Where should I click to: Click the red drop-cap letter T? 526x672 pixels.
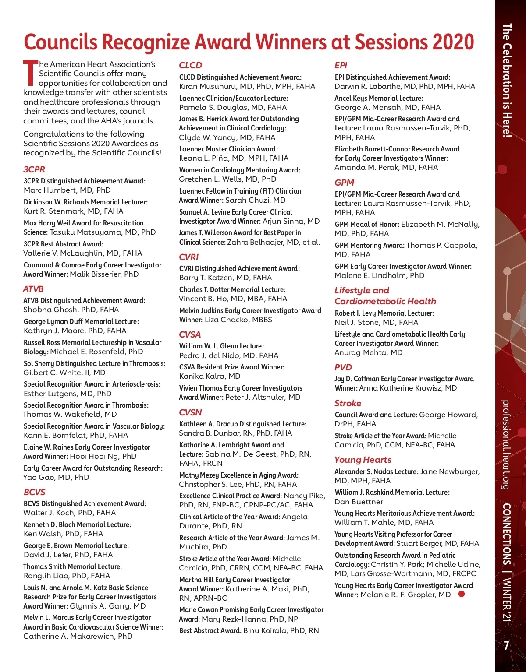[x=30, y=73]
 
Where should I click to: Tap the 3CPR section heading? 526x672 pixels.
[x=34, y=169]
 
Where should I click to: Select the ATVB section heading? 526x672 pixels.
[x=33, y=289]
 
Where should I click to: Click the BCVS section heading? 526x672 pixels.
[x=35, y=492]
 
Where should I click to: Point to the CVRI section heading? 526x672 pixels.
[x=189, y=257]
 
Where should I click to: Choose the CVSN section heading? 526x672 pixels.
[x=190, y=412]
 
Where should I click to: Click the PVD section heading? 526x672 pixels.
[x=343, y=367]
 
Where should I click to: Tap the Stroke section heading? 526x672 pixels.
[x=348, y=403]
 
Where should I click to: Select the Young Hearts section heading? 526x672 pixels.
[x=363, y=460]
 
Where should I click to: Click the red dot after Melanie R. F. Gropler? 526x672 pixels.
[x=461, y=594]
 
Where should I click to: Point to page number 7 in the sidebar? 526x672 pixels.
[x=506, y=646]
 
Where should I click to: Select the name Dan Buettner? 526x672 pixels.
[x=359, y=502]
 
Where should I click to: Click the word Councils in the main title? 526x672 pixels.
[x=60, y=42]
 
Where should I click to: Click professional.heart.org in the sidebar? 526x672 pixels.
[x=506, y=444]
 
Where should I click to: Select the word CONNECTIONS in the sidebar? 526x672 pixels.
[x=506, y=534]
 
